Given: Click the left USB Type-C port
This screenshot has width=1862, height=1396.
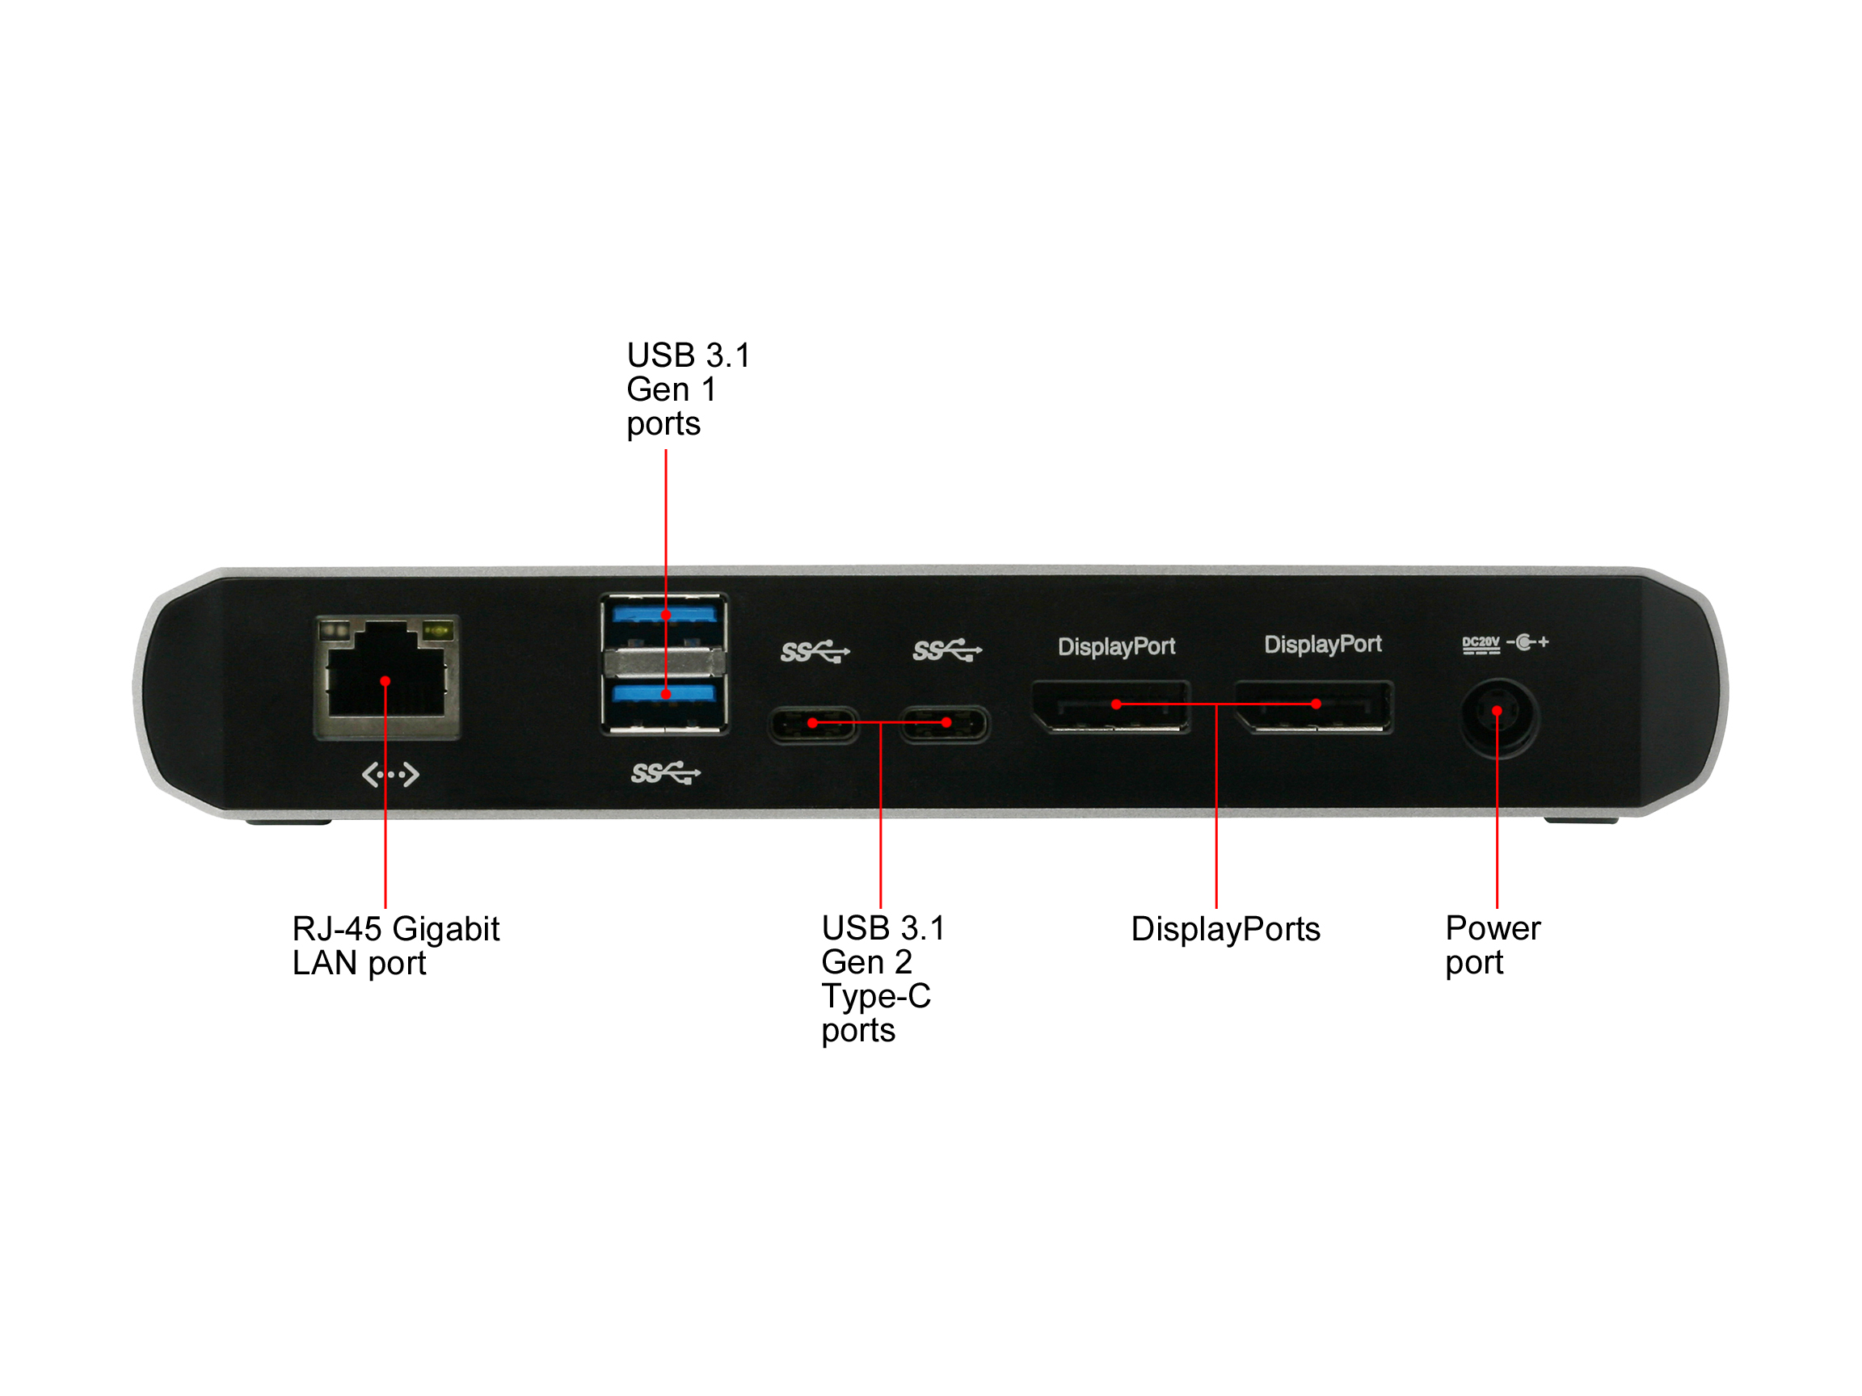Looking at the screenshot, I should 813,724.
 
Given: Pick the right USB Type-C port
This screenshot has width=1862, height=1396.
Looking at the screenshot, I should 946,724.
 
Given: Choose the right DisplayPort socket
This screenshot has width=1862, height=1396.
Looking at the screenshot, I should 1314,706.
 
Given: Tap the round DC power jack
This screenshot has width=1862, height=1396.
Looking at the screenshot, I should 1498,717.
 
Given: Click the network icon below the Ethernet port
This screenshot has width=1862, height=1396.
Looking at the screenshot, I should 390,774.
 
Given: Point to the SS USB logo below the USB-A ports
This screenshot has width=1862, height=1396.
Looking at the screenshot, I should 665,772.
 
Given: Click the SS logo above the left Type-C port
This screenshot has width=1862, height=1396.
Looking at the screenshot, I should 815,651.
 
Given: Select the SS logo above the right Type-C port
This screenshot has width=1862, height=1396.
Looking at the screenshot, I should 947,650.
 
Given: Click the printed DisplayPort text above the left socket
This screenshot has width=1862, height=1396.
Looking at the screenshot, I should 1116,646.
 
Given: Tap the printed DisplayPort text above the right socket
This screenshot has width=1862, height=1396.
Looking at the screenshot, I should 1322,644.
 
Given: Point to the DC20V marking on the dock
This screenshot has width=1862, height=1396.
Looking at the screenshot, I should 1481,644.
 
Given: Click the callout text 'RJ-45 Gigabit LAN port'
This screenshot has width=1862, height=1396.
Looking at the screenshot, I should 396,946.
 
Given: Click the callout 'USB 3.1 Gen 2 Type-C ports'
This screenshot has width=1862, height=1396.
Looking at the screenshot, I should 883,978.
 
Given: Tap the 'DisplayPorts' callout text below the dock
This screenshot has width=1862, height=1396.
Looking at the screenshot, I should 1226,929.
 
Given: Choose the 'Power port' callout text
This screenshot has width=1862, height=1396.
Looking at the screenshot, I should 1493,945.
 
